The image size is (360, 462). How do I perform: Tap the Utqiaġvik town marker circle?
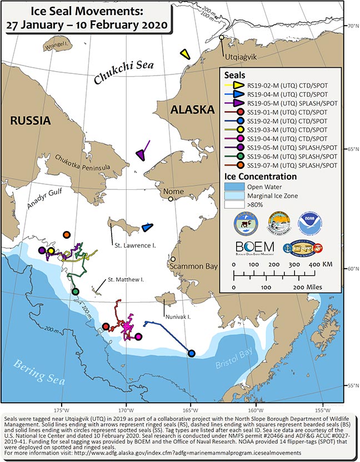click(x=222, y=38)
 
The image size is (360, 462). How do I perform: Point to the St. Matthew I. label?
click(x=126, y=279)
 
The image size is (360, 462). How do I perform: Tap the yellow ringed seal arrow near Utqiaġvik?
click(x=185, y=54)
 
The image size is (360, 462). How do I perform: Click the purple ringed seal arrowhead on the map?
click(x=141, y=156)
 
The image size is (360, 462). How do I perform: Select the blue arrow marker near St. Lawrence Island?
click(x=147, y=227)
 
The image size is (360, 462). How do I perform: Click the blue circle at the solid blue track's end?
click(x=192, y=353)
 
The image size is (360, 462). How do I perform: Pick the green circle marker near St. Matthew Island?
click(x=76, y=292)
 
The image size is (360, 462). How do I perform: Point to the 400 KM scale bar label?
click(x=319, y=265)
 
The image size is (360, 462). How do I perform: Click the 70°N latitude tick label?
click(x=351, y=26)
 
